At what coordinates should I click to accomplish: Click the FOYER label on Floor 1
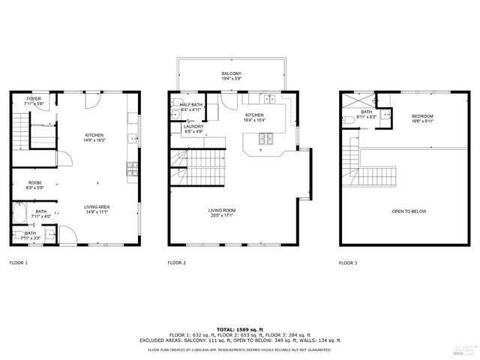[34, 99]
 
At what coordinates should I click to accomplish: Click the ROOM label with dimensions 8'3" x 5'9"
[34, 183]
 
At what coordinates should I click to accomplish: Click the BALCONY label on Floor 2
[231, 73]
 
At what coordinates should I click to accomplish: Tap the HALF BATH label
[190, 105]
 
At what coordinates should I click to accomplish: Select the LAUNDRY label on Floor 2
[193, 127]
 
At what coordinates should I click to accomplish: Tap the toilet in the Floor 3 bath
[347, 119]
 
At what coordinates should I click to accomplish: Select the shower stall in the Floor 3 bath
[357, 100]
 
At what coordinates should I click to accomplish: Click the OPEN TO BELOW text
[409, 211]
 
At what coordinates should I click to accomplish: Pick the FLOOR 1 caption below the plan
[19, 263]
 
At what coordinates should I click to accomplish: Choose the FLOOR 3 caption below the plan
[348, 263]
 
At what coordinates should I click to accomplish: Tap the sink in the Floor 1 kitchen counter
[131, 137]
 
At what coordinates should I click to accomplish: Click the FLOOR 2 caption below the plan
[176, 263]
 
